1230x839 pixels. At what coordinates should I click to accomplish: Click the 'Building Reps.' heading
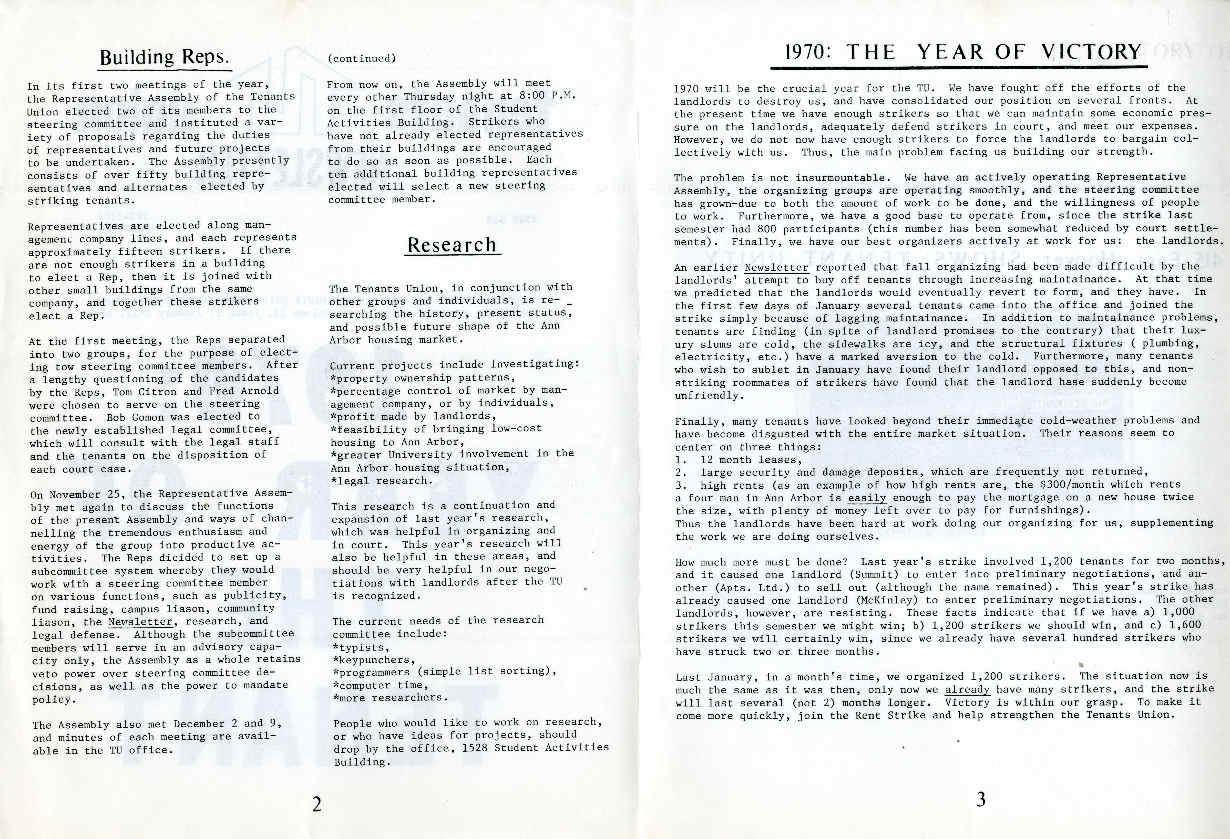click(164, 57)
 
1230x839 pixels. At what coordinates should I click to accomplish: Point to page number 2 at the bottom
click(316, 804)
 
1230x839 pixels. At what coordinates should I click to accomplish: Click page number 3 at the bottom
click(981, 800)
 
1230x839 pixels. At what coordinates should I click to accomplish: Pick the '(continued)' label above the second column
click(362, 58)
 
